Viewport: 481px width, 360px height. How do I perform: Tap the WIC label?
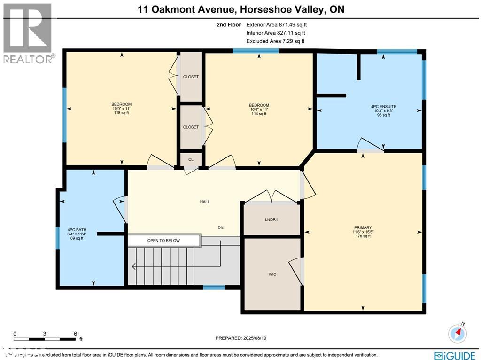pos(272,274)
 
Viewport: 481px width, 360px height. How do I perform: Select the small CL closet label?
pos(191,159)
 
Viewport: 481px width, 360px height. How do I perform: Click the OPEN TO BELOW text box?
pos(163,241)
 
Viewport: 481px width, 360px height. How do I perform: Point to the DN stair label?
pos(220,227)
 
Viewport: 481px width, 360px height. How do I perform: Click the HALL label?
pos(204,202)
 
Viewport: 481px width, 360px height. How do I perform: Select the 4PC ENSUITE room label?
pos(383,107)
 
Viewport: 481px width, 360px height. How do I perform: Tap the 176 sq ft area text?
pos(363,236)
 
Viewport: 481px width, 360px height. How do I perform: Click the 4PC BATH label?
pos(77,230)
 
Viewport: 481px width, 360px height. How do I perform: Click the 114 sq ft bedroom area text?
pos(259,114)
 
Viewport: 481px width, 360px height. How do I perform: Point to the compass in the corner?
pos(458,333)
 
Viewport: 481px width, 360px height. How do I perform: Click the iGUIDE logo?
pos(455,355)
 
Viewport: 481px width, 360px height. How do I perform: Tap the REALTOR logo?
pos(28,33)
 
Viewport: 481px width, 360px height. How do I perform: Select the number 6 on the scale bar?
pos(76,333)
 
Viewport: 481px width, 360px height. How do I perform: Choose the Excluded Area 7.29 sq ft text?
pos(275,41)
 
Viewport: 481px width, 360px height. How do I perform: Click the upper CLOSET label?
pos(191,77)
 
